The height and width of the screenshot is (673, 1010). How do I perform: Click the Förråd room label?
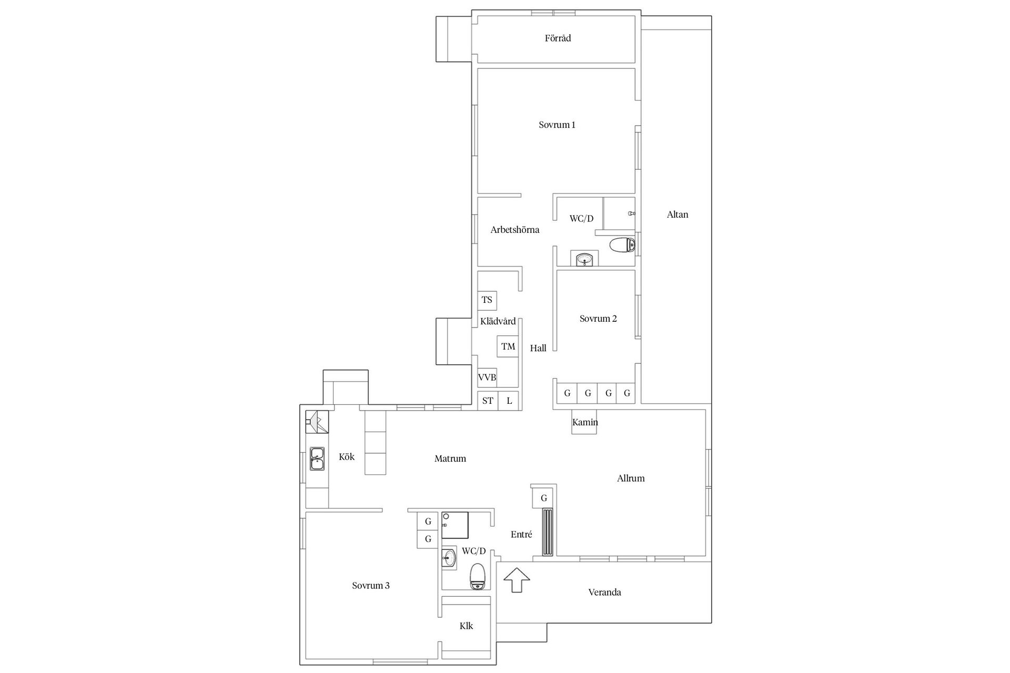558,38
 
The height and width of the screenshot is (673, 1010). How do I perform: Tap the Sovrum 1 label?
557,125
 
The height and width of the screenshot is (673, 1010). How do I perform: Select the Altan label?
677,215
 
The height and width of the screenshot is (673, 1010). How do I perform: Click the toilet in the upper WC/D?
622,245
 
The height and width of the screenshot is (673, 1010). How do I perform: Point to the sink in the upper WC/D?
584,259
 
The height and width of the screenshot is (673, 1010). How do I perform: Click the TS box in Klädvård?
487,300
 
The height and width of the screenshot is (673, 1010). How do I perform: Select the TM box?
508,346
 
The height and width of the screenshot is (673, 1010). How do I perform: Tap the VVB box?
487,378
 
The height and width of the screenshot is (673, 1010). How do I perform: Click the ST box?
488,401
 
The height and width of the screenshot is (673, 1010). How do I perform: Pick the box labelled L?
509,401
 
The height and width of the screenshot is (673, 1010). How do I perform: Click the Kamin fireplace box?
584,422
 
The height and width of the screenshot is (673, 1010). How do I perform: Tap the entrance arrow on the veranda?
517,580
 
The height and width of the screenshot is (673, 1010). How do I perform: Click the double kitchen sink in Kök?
317,459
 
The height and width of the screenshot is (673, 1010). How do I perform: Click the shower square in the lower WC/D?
455,525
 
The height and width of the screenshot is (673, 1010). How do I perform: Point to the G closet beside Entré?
544,498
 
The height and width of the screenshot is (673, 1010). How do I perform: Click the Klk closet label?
466,626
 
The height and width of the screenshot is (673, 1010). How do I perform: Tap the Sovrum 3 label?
371,586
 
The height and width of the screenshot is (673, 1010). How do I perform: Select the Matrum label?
450,459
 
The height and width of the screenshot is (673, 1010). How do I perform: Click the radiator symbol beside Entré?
548,532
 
